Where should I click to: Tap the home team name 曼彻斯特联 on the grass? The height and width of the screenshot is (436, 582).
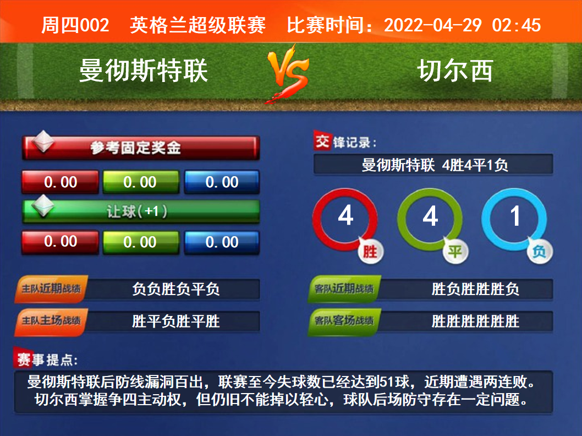(x=143, y=70)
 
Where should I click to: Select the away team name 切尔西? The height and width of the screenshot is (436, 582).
(x=455, y=70)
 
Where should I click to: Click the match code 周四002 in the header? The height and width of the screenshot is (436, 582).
(x=75, y=25)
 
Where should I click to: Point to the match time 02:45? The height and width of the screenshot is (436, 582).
(x=517, y=25)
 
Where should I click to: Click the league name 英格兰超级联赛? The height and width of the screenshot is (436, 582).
(x=197, y=25)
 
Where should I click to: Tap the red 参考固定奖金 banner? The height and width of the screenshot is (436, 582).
(x=140, y=148)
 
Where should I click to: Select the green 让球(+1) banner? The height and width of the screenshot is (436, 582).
(x=140, y=211)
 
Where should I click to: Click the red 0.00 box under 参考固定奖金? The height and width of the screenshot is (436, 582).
(x=60, y=182)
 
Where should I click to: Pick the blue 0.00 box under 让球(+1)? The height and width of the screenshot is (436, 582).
(x=222, y=242)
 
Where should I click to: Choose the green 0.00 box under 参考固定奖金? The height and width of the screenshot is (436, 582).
(x=141, y=182)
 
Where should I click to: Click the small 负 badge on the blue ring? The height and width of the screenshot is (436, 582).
(x=540, y=252)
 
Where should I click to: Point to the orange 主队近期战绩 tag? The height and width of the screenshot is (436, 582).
(x=51, y=288)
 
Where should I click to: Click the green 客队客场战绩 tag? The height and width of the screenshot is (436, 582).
(x=344, y=321)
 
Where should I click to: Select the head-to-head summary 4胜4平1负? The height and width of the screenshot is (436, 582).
(x=475, y=165)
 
